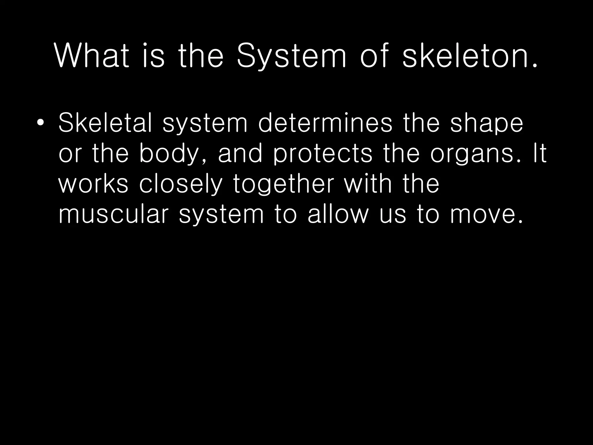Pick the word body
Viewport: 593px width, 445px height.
pos(173,154)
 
